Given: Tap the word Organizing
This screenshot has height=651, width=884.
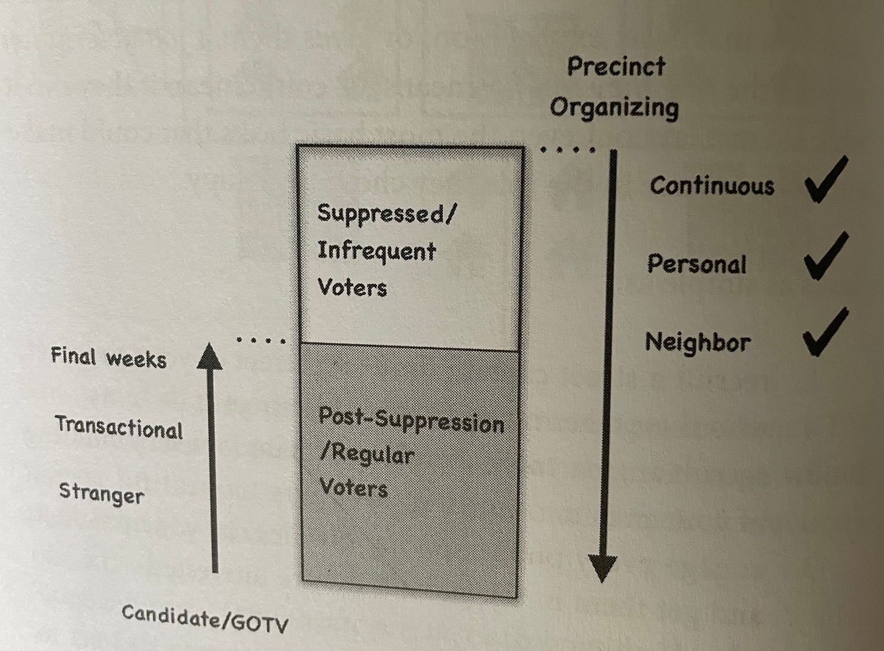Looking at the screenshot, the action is pyautogui.click(x=614, y=108).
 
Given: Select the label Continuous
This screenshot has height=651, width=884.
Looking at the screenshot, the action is pyautogui.click(x=712, y=186).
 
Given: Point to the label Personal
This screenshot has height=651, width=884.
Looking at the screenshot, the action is pyautogui.click(x=696, y=264).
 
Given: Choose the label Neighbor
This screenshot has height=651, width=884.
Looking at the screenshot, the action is pyautogui.click(x=698, y=343).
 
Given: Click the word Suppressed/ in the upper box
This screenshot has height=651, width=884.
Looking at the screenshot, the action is pyautogui.click(x=386, y=214).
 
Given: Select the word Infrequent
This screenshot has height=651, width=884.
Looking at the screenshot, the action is pyautogui.click(x=376, y=251).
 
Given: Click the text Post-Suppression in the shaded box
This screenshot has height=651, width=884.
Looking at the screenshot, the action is pyautogui.click(x=411, y=420).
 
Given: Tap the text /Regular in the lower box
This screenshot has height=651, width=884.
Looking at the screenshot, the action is pyautogui.click(x=367, y=454).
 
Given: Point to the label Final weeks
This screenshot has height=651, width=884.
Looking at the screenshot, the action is pyautogui.click(x=108, y=358).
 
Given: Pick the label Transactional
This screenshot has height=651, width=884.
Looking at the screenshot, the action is pyautogui.click(x=119, y=428).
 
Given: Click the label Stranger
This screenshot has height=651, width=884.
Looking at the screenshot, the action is pyautogui.click(x=101, y=493).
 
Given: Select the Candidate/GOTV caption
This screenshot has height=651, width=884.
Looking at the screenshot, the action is pyautogui.click(x=205, y=618).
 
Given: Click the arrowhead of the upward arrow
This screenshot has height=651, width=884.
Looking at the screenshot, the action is pyautogui.click(x=210, y=357).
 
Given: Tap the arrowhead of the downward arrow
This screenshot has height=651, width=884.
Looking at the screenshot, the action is pyautogui.click(x=602, y=568).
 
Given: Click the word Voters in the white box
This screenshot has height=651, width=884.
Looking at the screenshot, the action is pyautogui.click(x=352, y=287).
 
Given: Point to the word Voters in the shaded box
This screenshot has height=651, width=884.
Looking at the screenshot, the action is pyautogui.click(x=353, y=487).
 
